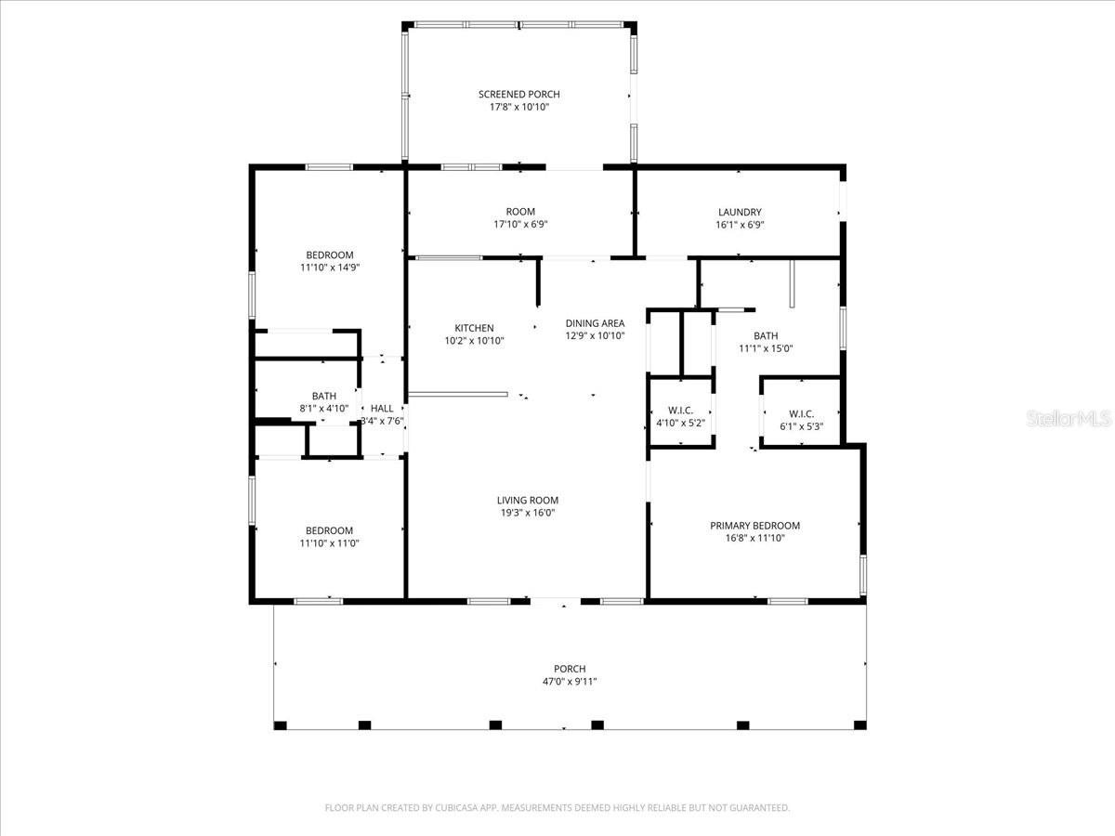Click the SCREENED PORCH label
tap(518, 94)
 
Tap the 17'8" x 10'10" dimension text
tap(518, 107)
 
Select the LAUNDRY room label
tap(740, 212)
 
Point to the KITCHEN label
tap(474, 328)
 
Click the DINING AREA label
tap(595, 323)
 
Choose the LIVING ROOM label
tap(527, 500)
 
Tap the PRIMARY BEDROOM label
tap(754, 525)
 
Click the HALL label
tap(382, 408)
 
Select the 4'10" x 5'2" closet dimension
tap(681, 424)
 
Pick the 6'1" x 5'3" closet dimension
tap(801, 426)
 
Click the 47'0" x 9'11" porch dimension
tap(570, 682)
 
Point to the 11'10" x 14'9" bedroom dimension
tap(329, 268)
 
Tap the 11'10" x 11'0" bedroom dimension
tap(329, 543)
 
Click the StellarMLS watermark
tap(1068, 420)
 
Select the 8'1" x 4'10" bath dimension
tap(323, 409)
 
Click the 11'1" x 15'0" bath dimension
tap(766, 349)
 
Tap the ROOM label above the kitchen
tap(520, 212)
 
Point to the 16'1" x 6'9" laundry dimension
tap(740, 225)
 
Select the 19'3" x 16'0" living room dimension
tap(527, 513)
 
